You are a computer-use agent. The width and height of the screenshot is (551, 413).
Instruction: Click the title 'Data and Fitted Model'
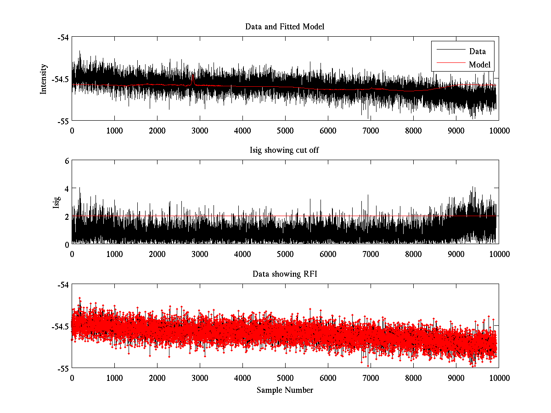pos(285,27)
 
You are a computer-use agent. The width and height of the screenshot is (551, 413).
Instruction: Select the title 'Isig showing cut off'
pos(285,150)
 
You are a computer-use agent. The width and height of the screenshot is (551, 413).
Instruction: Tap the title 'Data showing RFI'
pos(285,274)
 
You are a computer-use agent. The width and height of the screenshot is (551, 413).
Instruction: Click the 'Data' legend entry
pos(477,51)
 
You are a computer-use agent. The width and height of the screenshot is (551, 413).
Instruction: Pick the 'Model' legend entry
pos(479,65)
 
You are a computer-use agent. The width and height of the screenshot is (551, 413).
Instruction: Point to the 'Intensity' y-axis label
pos(44,79)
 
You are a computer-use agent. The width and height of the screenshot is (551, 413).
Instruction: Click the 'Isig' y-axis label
pos(56,202)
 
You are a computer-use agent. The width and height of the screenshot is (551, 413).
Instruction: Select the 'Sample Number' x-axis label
pos(285,390)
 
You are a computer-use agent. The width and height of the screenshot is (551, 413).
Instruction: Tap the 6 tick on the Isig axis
pos(67,161)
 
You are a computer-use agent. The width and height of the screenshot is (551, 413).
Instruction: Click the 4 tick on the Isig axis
pos(67,189)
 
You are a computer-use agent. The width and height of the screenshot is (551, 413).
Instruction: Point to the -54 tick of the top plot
pos(63,38)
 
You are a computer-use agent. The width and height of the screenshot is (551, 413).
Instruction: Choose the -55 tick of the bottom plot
pos(63,368)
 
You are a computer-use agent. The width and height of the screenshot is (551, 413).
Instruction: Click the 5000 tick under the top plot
pos(285,130)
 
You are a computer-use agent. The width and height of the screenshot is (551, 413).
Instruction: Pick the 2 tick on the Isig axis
pos(67,216)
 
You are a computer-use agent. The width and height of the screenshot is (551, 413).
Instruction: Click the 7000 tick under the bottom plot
pos(371,378)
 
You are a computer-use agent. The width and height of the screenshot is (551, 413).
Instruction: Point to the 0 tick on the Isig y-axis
pos(67,244)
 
